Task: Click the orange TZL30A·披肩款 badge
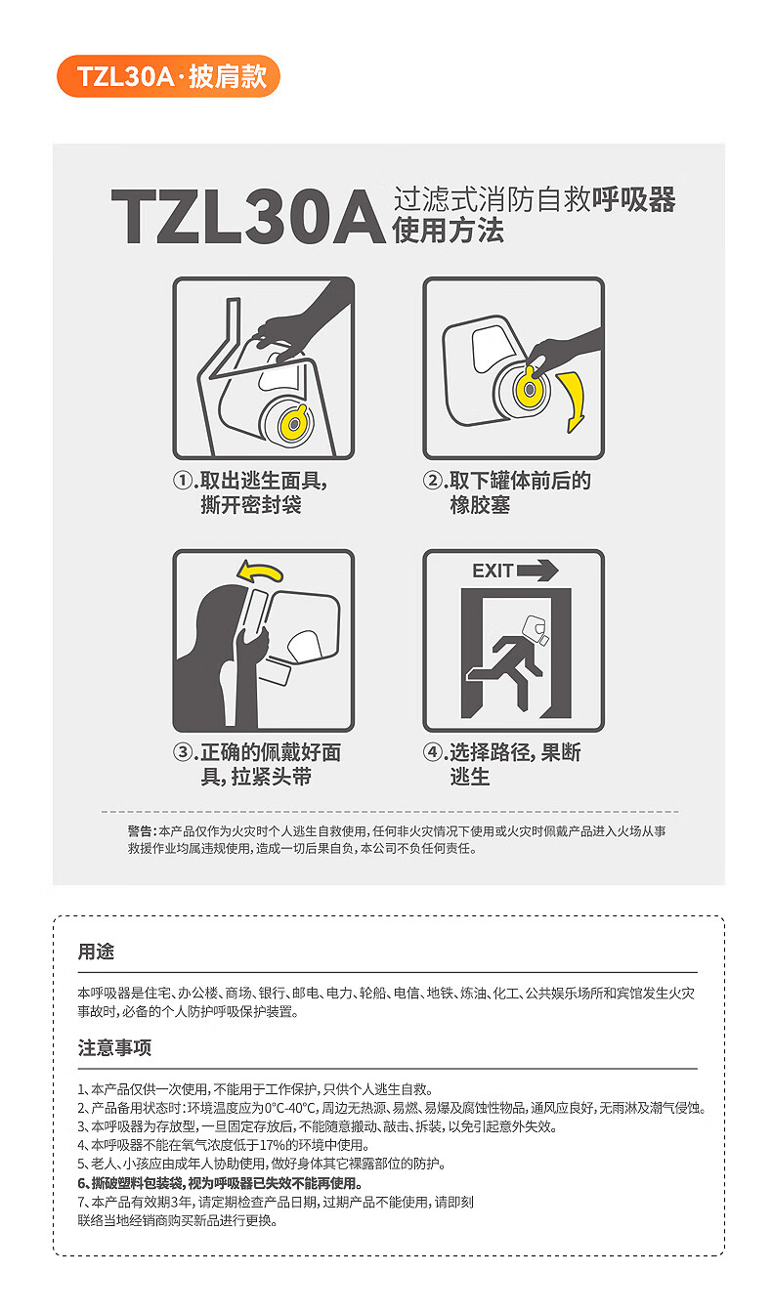click(168, 76)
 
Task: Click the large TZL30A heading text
click(249, 217)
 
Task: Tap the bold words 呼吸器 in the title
click(633, 199)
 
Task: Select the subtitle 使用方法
click(449, 230)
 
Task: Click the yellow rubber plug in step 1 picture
click(294, 421)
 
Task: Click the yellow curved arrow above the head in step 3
click(260, 572)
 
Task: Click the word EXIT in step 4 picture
click(493, 571)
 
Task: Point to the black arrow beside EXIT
click(537, 571)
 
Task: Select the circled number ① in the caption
click(183, 481)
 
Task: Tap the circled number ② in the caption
click(432, 481)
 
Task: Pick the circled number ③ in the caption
click(183, 752)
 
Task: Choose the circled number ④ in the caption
click(432, 752)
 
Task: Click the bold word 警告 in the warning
click(140, 831)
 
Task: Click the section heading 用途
click(96, 952)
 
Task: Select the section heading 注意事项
click(115, 1047)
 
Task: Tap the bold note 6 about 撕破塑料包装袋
click(220, 1183)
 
